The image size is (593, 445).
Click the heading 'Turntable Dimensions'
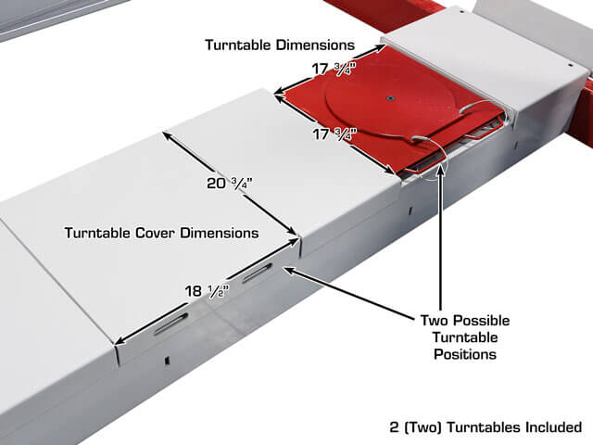point(280,45)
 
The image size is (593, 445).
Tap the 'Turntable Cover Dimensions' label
point(162,233)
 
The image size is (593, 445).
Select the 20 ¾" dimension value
point(229,184)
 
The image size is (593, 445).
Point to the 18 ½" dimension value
point(207,291)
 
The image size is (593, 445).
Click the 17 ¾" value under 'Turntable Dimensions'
point(334,70)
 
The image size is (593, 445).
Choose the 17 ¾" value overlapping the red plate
point(335,134)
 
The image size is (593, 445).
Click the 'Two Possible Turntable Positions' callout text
point(465,337)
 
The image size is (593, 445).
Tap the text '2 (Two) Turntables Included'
point(486,427)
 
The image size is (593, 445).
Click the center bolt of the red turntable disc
point(389,99)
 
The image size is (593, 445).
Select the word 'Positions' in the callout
point(465,354)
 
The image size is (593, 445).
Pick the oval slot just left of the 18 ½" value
point(170,324)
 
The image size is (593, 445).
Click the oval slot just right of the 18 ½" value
point(258,273)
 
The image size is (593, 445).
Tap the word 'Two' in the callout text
point(434,321)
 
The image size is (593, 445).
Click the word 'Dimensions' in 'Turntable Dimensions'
point(315,45)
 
